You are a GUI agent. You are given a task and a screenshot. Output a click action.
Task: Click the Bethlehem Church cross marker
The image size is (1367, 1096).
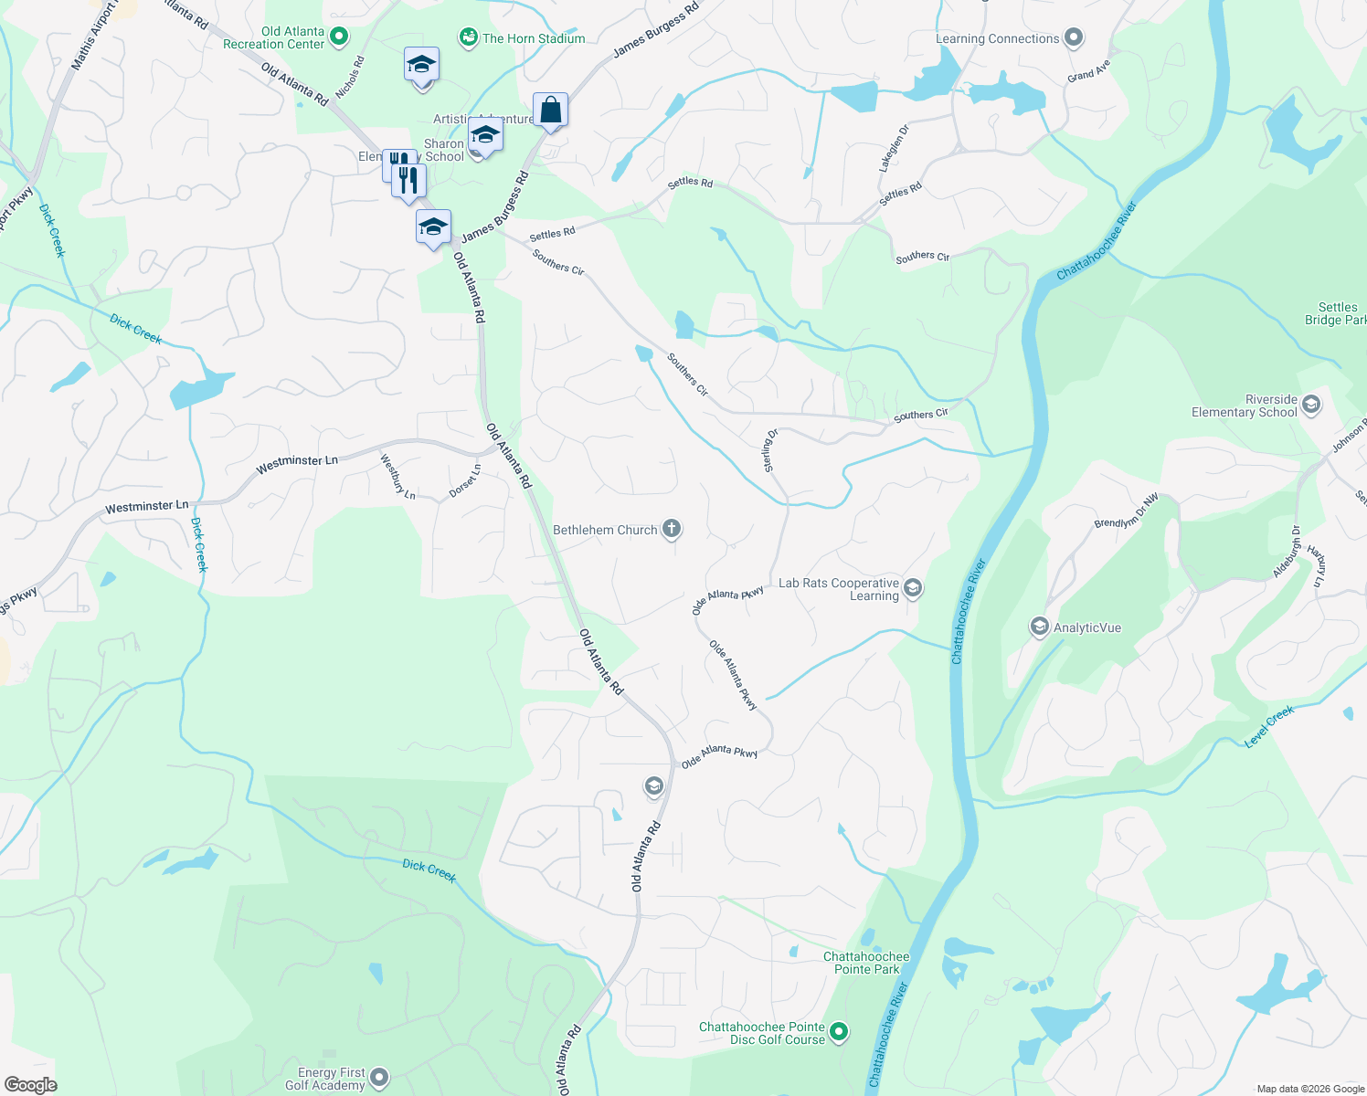pos(672,529)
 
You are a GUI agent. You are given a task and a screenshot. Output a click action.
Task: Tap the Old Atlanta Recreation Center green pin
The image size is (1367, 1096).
pos(339,37)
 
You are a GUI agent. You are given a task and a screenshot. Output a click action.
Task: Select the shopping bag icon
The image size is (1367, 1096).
pos(551,111)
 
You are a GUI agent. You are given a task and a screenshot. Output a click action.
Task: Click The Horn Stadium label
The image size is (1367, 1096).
pos(534,38)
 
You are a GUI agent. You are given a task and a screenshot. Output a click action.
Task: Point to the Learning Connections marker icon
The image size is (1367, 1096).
pos(1074,38)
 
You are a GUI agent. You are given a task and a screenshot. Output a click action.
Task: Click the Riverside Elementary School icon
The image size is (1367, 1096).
pos(1311,406)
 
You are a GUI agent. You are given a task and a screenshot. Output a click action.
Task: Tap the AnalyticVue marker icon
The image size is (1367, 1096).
pos(1039,627)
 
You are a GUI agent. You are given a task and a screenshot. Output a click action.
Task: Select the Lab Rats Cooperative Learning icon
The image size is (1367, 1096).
pos(913,589)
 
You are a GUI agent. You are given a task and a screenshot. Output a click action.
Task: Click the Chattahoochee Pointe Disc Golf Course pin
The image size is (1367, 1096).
pos(839,1033)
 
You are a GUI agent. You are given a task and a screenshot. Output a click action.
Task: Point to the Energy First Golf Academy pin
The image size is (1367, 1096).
pos(379,1079)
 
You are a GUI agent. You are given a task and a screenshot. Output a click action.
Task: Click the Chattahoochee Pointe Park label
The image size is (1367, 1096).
pos(866,963)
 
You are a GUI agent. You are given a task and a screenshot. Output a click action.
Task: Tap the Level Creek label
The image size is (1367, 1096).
pos(1270,727)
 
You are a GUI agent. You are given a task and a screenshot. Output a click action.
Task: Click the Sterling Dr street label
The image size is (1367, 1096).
pos(770,450)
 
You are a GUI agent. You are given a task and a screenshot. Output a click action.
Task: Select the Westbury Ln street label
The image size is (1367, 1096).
pos(397,477)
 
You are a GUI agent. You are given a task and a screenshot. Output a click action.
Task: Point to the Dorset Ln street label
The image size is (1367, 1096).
pos(465,481)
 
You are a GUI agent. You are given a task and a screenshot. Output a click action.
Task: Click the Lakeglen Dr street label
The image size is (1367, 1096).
pos(895,148)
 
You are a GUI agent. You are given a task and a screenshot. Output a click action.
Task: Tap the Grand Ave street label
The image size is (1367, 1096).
pos(1088,71)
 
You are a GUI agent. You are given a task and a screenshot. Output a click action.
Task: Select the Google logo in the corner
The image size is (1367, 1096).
pos(30,1085)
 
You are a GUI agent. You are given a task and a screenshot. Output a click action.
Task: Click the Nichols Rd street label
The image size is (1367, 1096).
pos(350,78)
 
